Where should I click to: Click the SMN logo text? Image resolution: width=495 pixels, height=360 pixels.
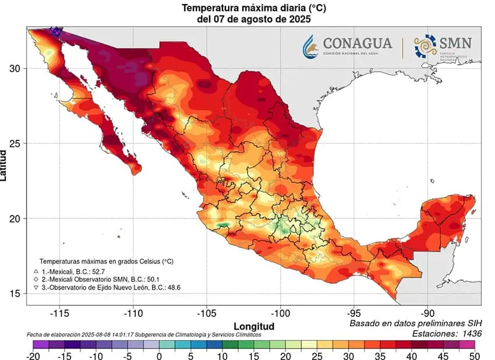(456, 44)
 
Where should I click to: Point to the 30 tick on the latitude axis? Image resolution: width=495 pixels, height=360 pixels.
(16, 69)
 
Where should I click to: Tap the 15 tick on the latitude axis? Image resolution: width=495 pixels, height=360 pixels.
(16, 294)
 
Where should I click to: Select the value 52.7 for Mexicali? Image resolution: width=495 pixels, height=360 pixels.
(99, 271)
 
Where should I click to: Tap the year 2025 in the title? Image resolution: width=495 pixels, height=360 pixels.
(299, 19)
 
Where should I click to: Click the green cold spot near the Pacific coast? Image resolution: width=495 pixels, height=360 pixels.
(222, 225)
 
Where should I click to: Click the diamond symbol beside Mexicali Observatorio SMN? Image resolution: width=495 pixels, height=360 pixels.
(36, 279)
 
